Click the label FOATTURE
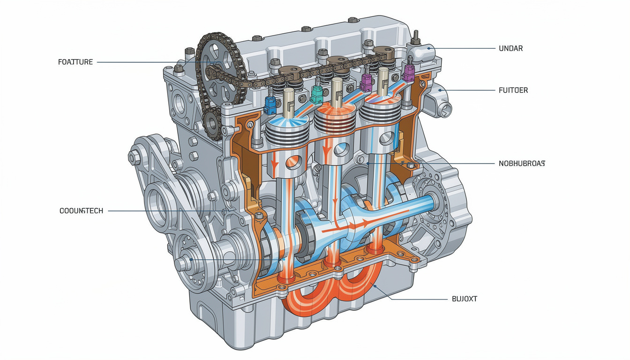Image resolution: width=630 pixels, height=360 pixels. (75, 62)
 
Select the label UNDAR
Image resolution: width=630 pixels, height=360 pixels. (510, 48)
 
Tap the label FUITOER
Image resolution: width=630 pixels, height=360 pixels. (513, 90)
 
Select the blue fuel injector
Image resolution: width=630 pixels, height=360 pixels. (270, 105)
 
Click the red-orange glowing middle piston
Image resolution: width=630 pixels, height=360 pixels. (333, 119)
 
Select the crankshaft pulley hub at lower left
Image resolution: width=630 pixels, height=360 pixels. (188, 260)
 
